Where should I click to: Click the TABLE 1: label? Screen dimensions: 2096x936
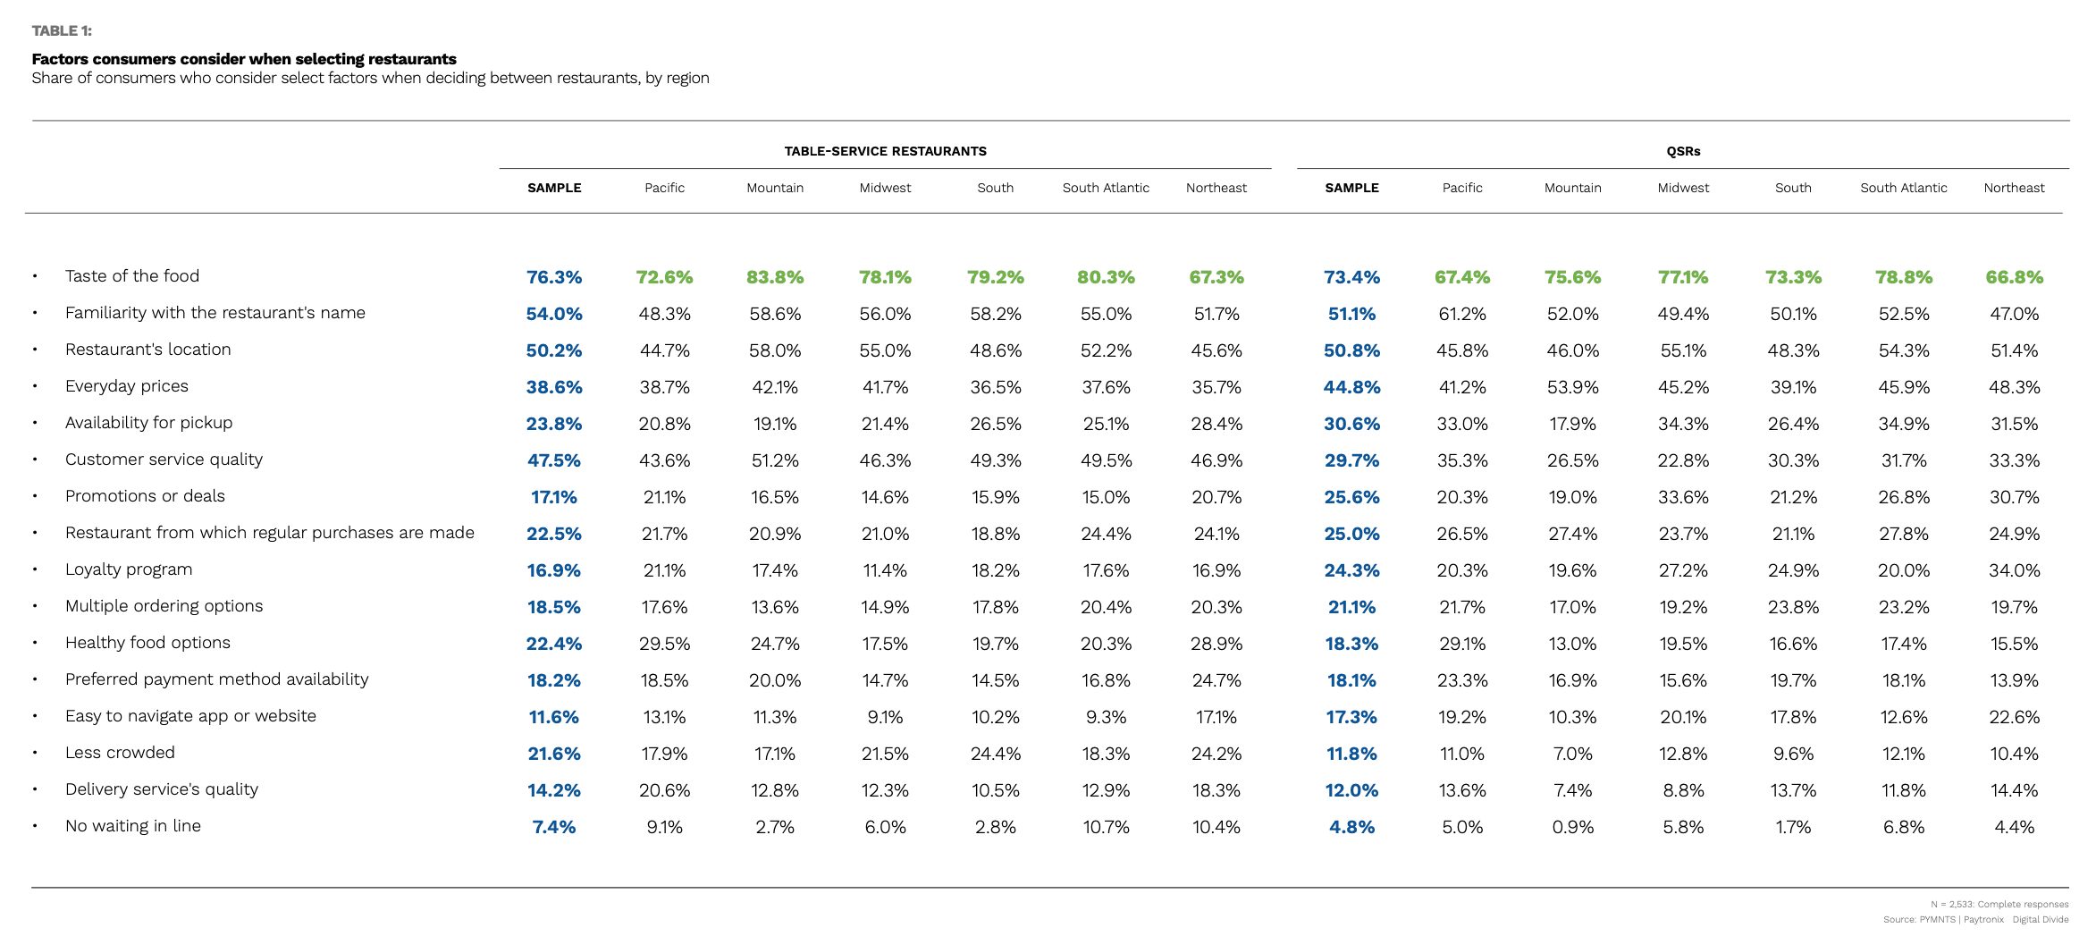[62, 31]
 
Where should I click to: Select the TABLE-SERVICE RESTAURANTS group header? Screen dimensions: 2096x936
[885, 151]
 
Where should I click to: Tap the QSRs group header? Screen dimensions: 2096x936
[1683, 151]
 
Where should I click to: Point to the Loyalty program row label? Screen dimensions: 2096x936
[129, 569]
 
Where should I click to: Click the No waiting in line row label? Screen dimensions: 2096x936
[133, 826]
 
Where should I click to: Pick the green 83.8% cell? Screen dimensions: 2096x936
[775, 277]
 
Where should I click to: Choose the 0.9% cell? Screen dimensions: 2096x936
[1573, 827]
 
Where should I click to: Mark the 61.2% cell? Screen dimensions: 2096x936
[1462, 314]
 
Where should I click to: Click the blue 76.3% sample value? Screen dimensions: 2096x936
[554, 277]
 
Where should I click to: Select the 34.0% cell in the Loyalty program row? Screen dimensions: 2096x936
[2015, 570]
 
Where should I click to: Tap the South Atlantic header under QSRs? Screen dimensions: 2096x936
[1904, 188]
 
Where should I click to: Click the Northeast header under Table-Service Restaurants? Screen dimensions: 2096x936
[1216, 188]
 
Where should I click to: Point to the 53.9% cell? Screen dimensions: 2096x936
[1573, 387]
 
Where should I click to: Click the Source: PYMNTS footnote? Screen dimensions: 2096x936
[1975, 919]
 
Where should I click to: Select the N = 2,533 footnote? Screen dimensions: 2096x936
[1999, 904]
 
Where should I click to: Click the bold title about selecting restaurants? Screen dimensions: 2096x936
[244, 59]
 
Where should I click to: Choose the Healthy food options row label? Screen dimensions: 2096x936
[147, 643]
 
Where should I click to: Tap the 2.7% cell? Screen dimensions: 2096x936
[775, 827]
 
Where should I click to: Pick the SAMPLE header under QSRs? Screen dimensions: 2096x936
[1351, 188]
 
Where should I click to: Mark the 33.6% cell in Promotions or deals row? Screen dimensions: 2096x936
[1683, 497]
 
